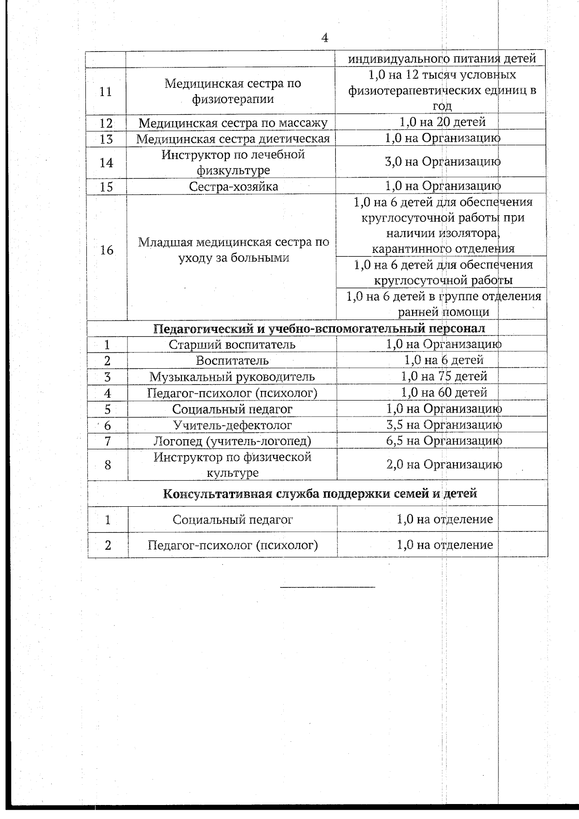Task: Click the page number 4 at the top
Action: (325, 38)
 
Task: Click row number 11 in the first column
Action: (106, 91)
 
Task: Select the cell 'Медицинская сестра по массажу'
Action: (233, 123)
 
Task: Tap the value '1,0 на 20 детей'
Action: (442, 122)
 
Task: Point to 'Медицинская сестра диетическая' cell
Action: (233, 139)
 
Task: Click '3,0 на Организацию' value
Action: (442, 162)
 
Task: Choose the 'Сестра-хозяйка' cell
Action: (233, 187)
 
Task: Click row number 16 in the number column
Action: (106, 250)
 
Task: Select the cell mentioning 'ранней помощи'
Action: (443, 304)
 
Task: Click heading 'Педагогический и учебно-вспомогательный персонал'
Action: (319, 329)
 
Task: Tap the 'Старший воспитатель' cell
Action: (232, 345)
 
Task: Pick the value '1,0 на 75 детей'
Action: (444, 376)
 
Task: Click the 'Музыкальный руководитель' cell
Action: (232, 377)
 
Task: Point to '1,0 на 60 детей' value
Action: (444, 393)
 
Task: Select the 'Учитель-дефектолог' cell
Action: (233, 425)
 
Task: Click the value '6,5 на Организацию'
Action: (444, 441)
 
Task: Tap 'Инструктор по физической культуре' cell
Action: (233, 465)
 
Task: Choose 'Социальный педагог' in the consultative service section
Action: (233, 520)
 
